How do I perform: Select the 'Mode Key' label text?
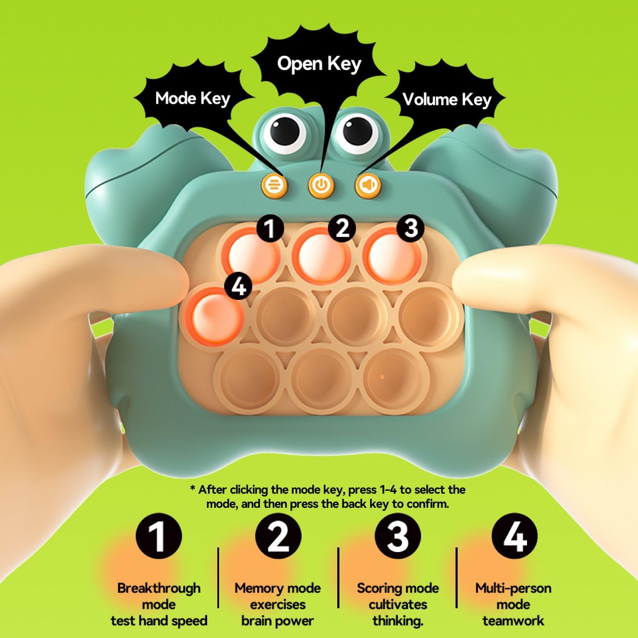[193, 99]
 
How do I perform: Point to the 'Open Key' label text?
[319, 64]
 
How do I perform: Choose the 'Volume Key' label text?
[447, 100]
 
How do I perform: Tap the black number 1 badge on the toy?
[270, 228]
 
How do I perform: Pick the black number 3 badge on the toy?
[410, 228]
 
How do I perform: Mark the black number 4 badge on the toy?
[238, 285]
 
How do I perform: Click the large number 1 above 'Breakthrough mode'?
[158, 536]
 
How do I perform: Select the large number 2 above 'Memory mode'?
[278, 536]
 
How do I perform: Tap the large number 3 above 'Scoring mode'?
[398, 536]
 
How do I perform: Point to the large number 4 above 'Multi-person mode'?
[515, 536]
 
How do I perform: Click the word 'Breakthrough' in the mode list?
[159, 588]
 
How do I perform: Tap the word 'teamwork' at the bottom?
[513, 621]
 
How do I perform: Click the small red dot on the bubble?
[382, 377]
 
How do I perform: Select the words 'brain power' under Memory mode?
[277, 621]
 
